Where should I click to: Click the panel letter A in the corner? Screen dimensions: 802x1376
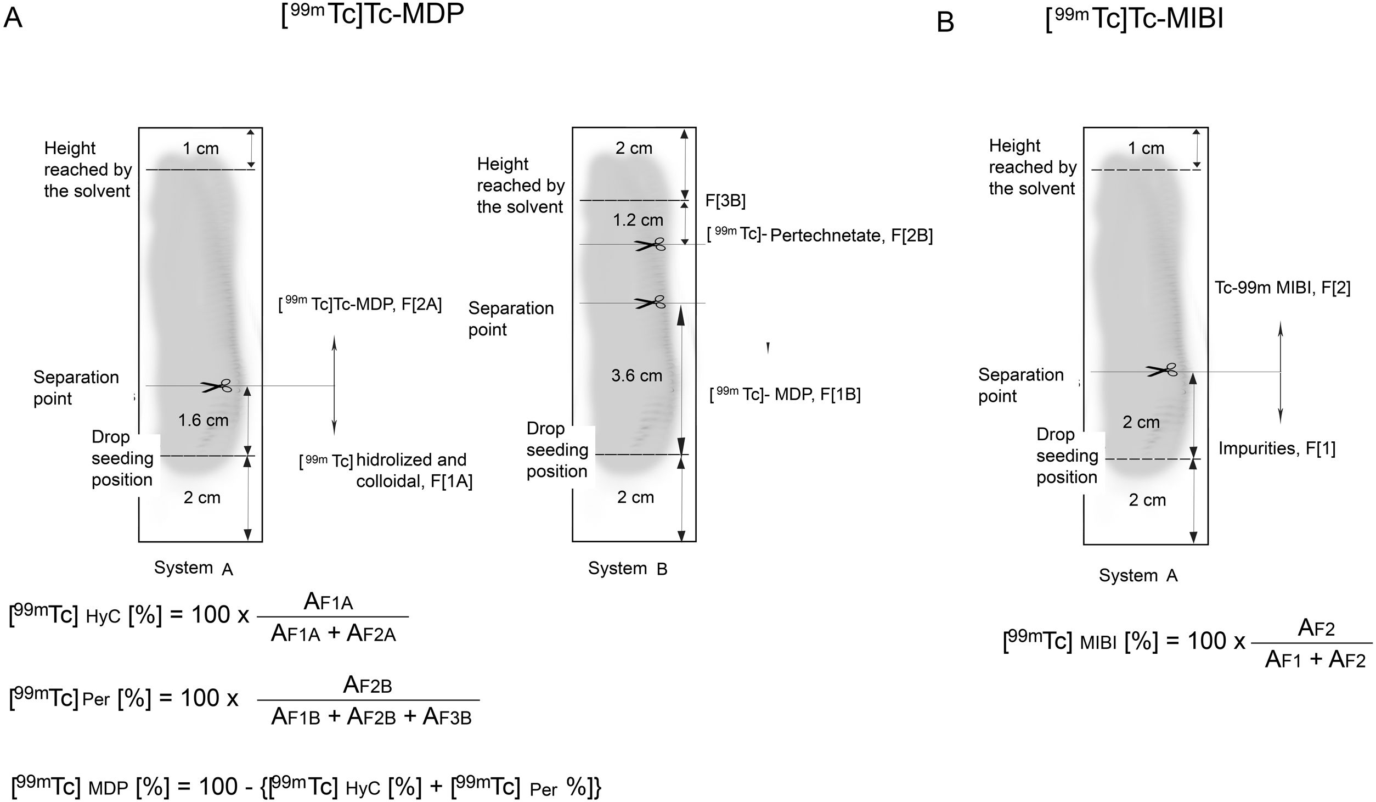(13, 18)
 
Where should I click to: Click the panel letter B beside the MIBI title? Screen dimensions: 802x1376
(945, 22)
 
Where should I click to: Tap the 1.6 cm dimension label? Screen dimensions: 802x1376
(203, 420)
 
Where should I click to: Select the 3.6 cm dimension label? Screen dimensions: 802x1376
(636, 376)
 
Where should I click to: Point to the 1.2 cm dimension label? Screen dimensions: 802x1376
(638, 220)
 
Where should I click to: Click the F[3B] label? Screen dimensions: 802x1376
(725, 201)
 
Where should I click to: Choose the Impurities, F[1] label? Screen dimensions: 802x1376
(1277, 448)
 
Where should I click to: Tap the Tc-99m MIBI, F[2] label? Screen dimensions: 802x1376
(1282, 288)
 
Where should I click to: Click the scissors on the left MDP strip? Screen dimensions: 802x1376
(216, 386)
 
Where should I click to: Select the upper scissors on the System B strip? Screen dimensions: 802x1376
(651, 245)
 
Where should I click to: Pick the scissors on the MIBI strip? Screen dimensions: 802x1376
(1161, 371)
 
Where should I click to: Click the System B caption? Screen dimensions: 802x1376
(628, 569)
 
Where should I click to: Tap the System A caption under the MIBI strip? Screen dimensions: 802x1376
(1138, 575)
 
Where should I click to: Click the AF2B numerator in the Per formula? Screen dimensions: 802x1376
(367, 686)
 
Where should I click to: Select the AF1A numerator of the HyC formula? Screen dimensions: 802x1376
(328, 602)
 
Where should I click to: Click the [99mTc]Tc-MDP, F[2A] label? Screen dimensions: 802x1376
(360, 305)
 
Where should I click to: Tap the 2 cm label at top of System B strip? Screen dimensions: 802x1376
(634, 148)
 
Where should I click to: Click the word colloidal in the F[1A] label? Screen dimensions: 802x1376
(388, 481)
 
